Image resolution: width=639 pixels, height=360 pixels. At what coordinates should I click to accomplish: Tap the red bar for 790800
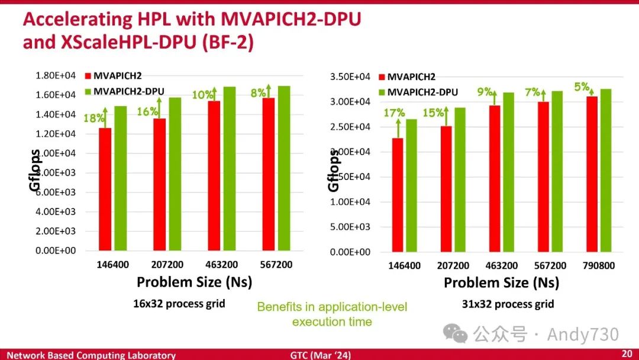pyautogui.click(x=592, y=174)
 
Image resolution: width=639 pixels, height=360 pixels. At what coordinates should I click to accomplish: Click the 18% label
pyautogui.click(x=93, y=118)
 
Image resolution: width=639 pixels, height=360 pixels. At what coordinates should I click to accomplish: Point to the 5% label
pyautogui.click(x=582, y=87)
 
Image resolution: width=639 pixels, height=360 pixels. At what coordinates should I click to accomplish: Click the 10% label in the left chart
pyautogui.click(x=203, y=95)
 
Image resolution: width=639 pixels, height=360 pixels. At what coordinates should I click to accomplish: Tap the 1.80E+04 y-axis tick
pyautogui.click(x=53, y=75)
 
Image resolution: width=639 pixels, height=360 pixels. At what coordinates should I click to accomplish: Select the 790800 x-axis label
pyautogui.click(x=598, y=266)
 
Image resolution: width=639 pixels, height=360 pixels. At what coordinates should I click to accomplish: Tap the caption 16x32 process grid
pyautogui.click(x=179, y=304)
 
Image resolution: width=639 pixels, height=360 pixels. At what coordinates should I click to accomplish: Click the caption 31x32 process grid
pyautogui.click(x=508, y=304)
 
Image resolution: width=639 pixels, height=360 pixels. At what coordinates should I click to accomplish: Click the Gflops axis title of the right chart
pyautogui.click(x=334, y=171)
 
